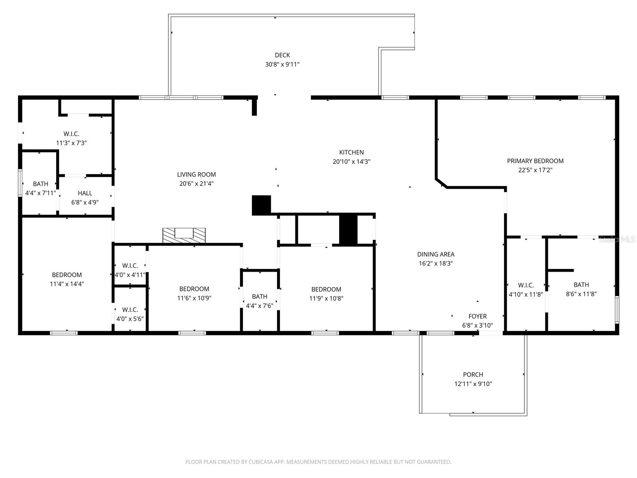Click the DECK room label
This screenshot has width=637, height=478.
tap(282, 55)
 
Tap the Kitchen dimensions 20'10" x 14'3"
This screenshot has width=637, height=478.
tap(351, 161)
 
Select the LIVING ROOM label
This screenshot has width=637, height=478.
tap(196, 174)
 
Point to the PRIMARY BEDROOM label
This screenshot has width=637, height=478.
tap(535, 161)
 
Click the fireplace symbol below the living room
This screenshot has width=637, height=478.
tap(184, 235)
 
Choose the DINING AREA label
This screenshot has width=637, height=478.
tap(435, 254)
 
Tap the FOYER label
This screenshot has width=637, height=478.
tap(477, 316)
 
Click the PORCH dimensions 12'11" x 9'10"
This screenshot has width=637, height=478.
tap(473, 384)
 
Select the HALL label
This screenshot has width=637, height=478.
tap(85, 193)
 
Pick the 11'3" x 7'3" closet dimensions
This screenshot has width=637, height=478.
tap(71, 143)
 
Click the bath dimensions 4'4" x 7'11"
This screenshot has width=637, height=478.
tap(40, 193)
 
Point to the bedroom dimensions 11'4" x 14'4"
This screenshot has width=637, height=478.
tap(67, 284)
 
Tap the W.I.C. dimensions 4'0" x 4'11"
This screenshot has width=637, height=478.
tap(130, 274)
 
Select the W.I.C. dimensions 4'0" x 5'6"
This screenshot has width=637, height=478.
tap(130, 319)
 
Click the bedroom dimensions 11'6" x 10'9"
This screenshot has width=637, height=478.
tap(194, 298)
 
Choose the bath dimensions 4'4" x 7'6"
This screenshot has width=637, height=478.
tap(260, 305)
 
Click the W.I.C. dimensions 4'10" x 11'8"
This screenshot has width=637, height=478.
tap(526, 294)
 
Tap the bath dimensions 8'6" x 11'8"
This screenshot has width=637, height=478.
tap(581, 294)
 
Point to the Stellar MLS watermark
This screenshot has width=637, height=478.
tap(617, 239)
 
